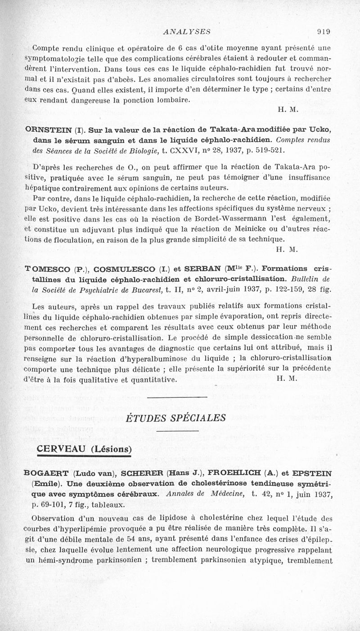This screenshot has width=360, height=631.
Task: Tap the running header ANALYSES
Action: pyautogui.click(x=183, y=32)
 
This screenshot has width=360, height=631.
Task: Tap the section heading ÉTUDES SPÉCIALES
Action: pyautogui.click(x=175, y=418)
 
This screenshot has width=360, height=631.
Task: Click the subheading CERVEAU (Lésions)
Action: pyautogui.click(x=84, y=449)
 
